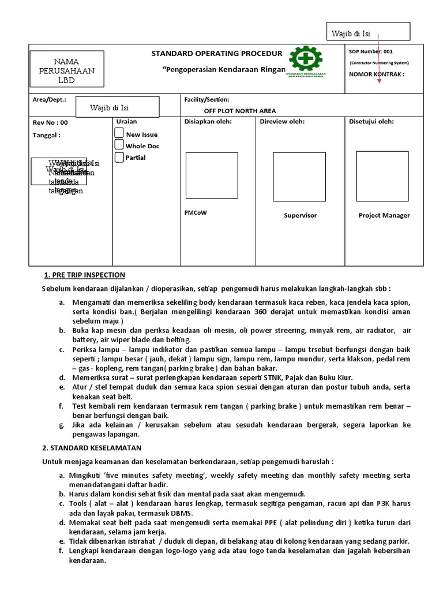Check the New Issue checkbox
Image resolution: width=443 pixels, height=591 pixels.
click(119, 133)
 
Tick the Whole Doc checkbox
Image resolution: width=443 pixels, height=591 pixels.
click(119, 145)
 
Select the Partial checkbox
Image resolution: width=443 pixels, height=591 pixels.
click(119, 157)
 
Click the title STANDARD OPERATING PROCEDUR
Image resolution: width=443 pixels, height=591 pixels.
click(217, 54)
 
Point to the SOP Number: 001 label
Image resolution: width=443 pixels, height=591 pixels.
click(371, 51)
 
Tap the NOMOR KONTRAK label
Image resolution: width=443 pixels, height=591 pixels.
click(377, 74)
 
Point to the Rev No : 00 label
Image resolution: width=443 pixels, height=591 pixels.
click(50, 122)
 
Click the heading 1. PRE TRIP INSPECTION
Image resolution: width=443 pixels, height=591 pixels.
click(84, 274)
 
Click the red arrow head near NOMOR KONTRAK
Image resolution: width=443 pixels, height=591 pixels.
click(379, 80)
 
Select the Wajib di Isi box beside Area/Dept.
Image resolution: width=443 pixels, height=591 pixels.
click(118, 107)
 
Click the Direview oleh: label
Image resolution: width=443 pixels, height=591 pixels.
click(282, 122)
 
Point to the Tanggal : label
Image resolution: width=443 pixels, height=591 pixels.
click(47, 135)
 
